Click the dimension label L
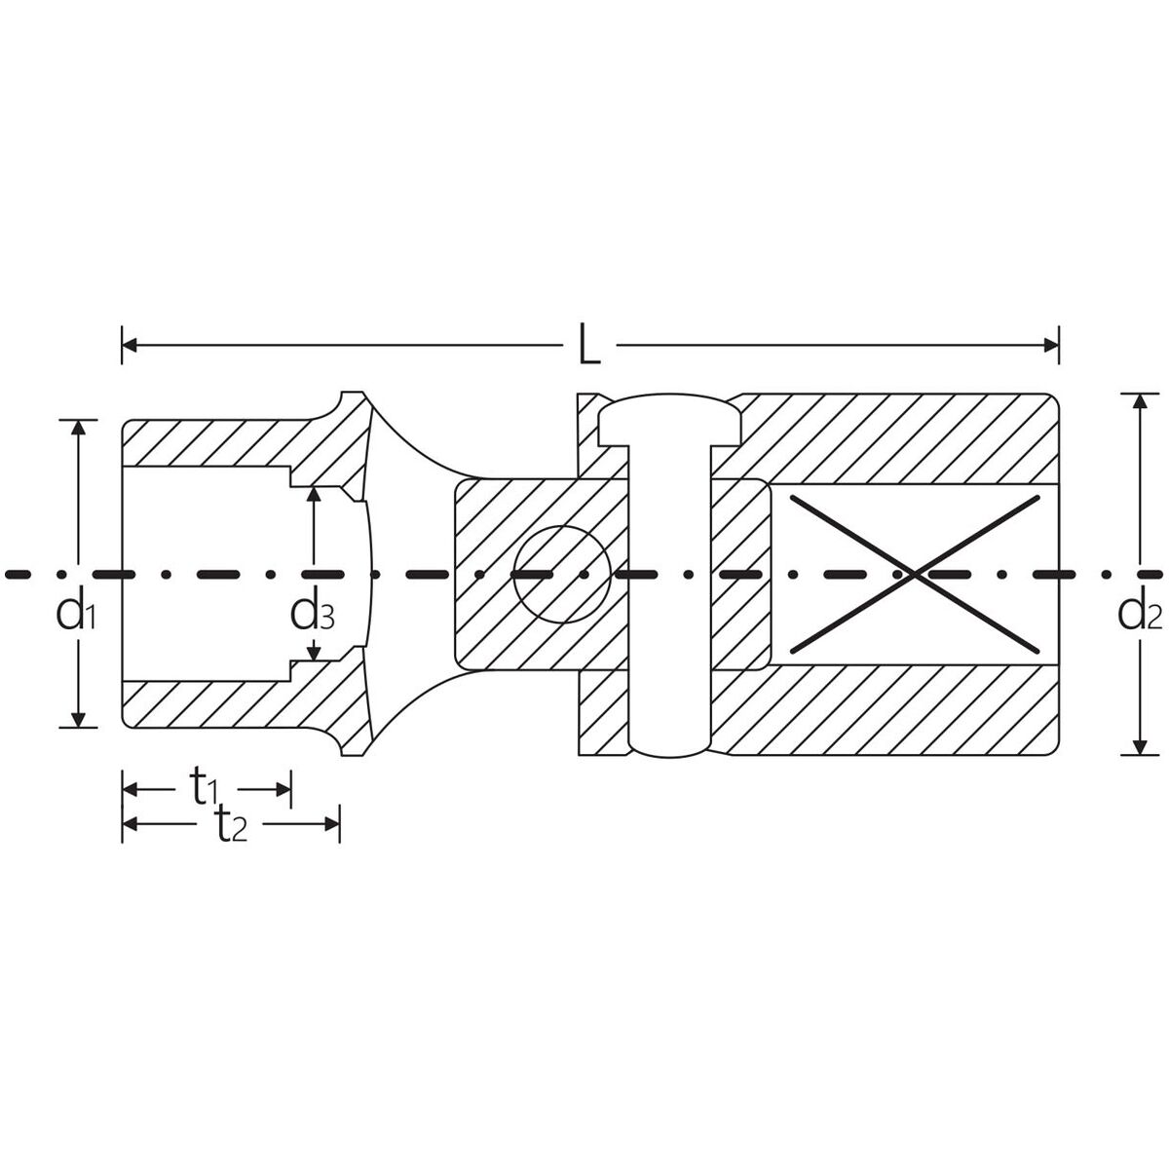589,344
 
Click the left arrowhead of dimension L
130,346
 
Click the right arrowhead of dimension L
1051,346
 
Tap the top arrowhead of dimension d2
1141,402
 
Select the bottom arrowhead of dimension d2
1141,747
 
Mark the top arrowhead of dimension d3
314,494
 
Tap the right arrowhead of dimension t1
283,789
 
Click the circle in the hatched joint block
562,574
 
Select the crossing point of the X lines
915,574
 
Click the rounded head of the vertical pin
669,419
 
